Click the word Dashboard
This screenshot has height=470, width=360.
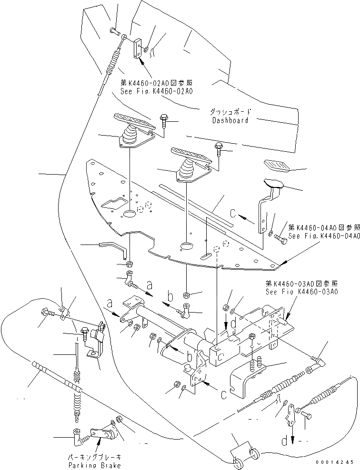pos(230,120)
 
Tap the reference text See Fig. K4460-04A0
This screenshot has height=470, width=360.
pos(323,235)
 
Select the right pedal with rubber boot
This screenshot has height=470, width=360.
pos(188,162)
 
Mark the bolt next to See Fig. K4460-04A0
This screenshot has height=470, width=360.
pos(280,239)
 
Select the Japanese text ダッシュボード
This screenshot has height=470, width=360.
pos(230,113)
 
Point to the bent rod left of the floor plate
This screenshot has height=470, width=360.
pos(114,247)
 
